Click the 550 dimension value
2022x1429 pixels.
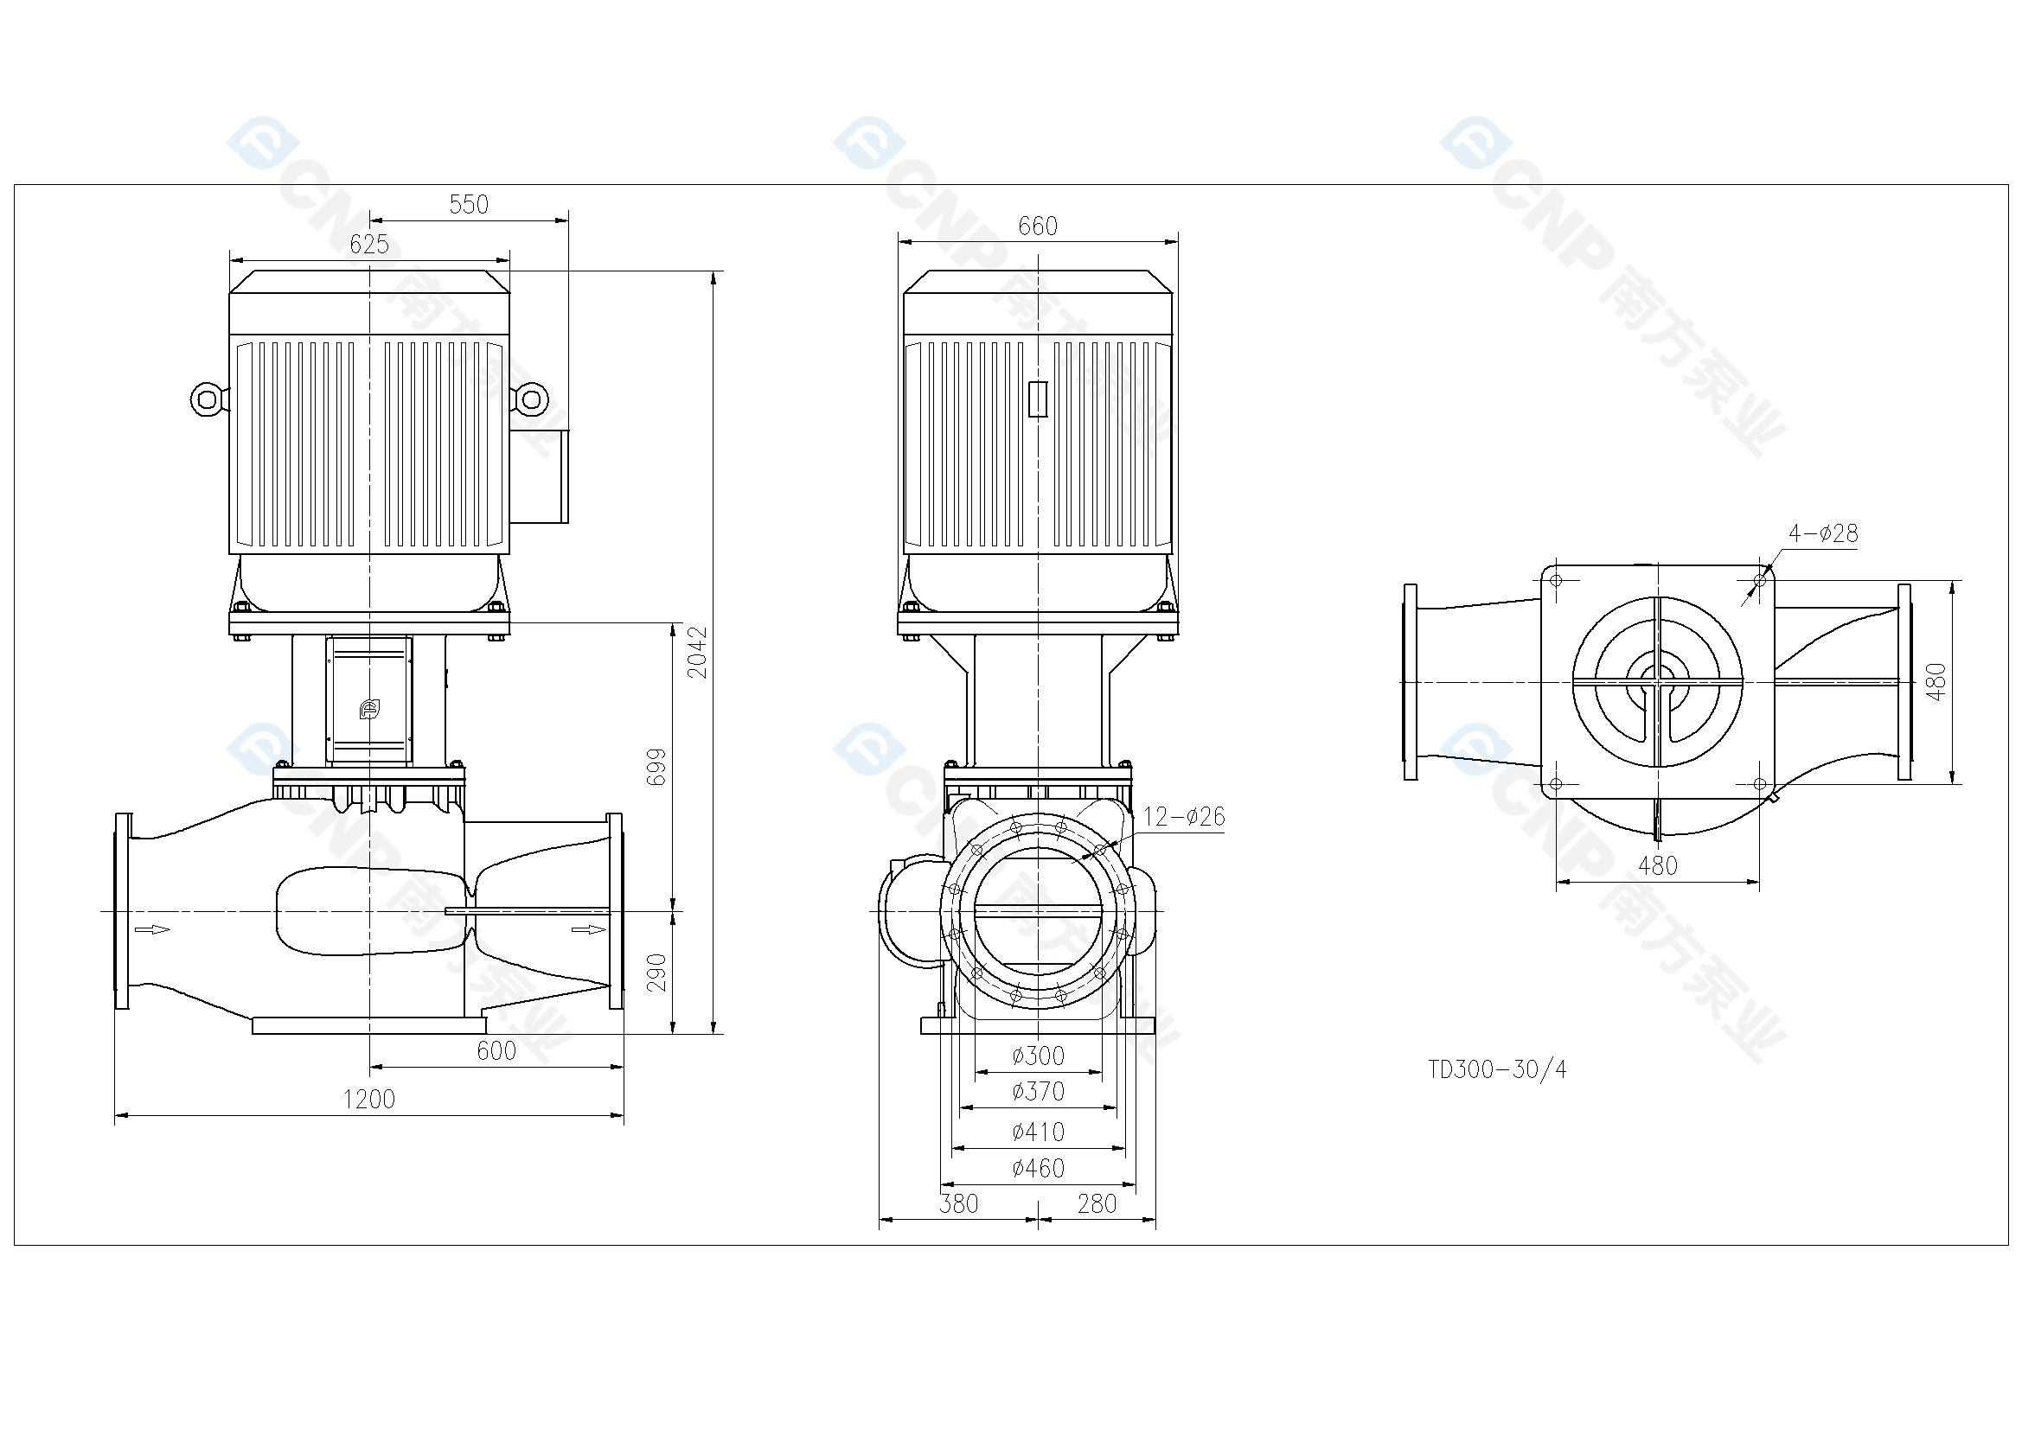[469, 204]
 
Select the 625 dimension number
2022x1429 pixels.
[369, 245]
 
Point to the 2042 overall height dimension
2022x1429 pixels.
[697, 653]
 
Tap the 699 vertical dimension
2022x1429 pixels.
[657, 767]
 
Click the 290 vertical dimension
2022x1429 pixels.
[657, 973]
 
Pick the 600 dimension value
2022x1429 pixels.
[496, 1051]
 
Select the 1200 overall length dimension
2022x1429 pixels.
[369, 1100]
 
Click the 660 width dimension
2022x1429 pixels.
[1038, 226]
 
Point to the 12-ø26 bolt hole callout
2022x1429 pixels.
[1184, 817]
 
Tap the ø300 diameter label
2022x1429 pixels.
[1039, 1056]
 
